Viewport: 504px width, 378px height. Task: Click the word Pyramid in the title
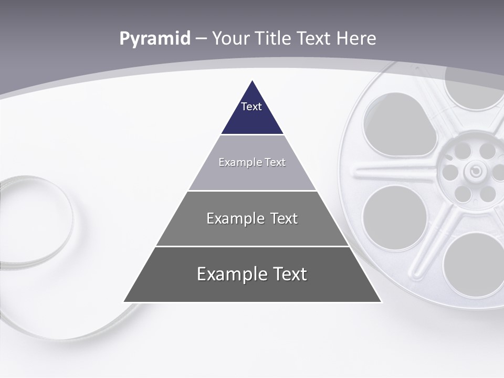pyautogui.click(x=155, y=39)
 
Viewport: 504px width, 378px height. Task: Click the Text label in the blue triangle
pyautogui.click(x=251, y=107)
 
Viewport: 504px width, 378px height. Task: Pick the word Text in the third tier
pyautogui.click(x=284, y=218)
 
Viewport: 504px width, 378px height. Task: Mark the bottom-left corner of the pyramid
pyautogui.click(x=124, y=301)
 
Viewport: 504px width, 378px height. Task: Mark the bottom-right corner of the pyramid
pyautogui.click(x=381, y=301)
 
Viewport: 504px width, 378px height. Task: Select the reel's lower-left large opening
pyautogui.click(x=394, y=217)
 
